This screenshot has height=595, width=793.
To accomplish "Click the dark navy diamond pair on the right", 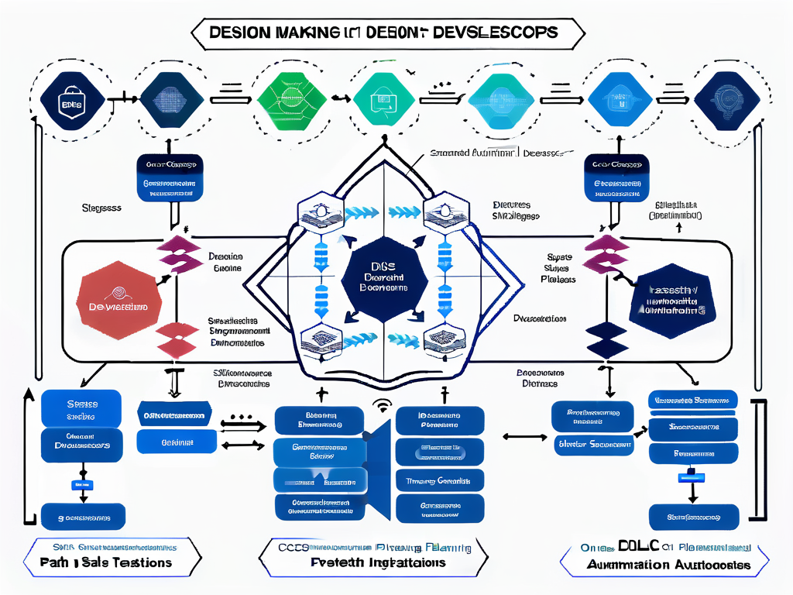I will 606,339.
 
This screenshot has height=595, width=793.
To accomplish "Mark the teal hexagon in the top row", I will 383,97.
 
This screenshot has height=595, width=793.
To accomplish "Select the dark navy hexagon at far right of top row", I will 726,97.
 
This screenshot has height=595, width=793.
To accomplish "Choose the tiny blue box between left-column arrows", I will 80,484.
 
